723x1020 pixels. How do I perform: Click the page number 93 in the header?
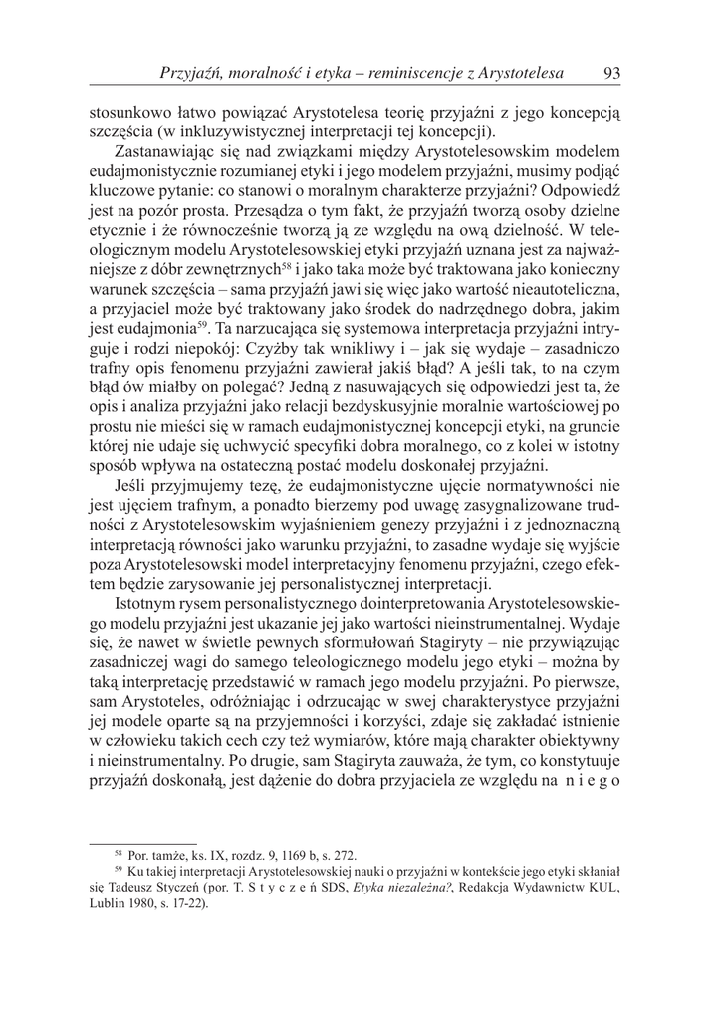(x=612, y=73)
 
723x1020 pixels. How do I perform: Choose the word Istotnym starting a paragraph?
(x=150, y=605)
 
